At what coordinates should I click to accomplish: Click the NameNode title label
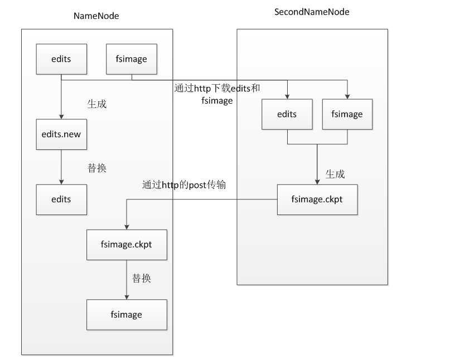96,16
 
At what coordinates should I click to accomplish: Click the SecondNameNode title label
312,11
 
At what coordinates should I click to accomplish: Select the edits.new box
61,134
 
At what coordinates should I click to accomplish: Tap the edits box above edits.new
61,59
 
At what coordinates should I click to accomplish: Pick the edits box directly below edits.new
61,199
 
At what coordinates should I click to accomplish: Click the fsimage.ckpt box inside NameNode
127,245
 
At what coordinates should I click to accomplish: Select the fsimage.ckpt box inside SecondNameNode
317,199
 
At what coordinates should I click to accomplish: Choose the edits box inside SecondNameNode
287,114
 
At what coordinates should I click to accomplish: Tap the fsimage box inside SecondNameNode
347,114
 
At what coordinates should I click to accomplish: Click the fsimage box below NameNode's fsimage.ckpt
127,314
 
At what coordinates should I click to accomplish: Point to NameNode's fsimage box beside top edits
132,59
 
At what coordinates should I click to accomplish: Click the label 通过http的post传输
184,184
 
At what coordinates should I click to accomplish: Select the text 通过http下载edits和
217,89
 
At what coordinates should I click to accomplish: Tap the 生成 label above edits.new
96,104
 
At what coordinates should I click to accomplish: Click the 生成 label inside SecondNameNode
335,174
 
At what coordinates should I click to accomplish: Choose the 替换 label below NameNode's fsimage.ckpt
142,278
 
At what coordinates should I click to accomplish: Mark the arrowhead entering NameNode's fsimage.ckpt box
127,227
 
